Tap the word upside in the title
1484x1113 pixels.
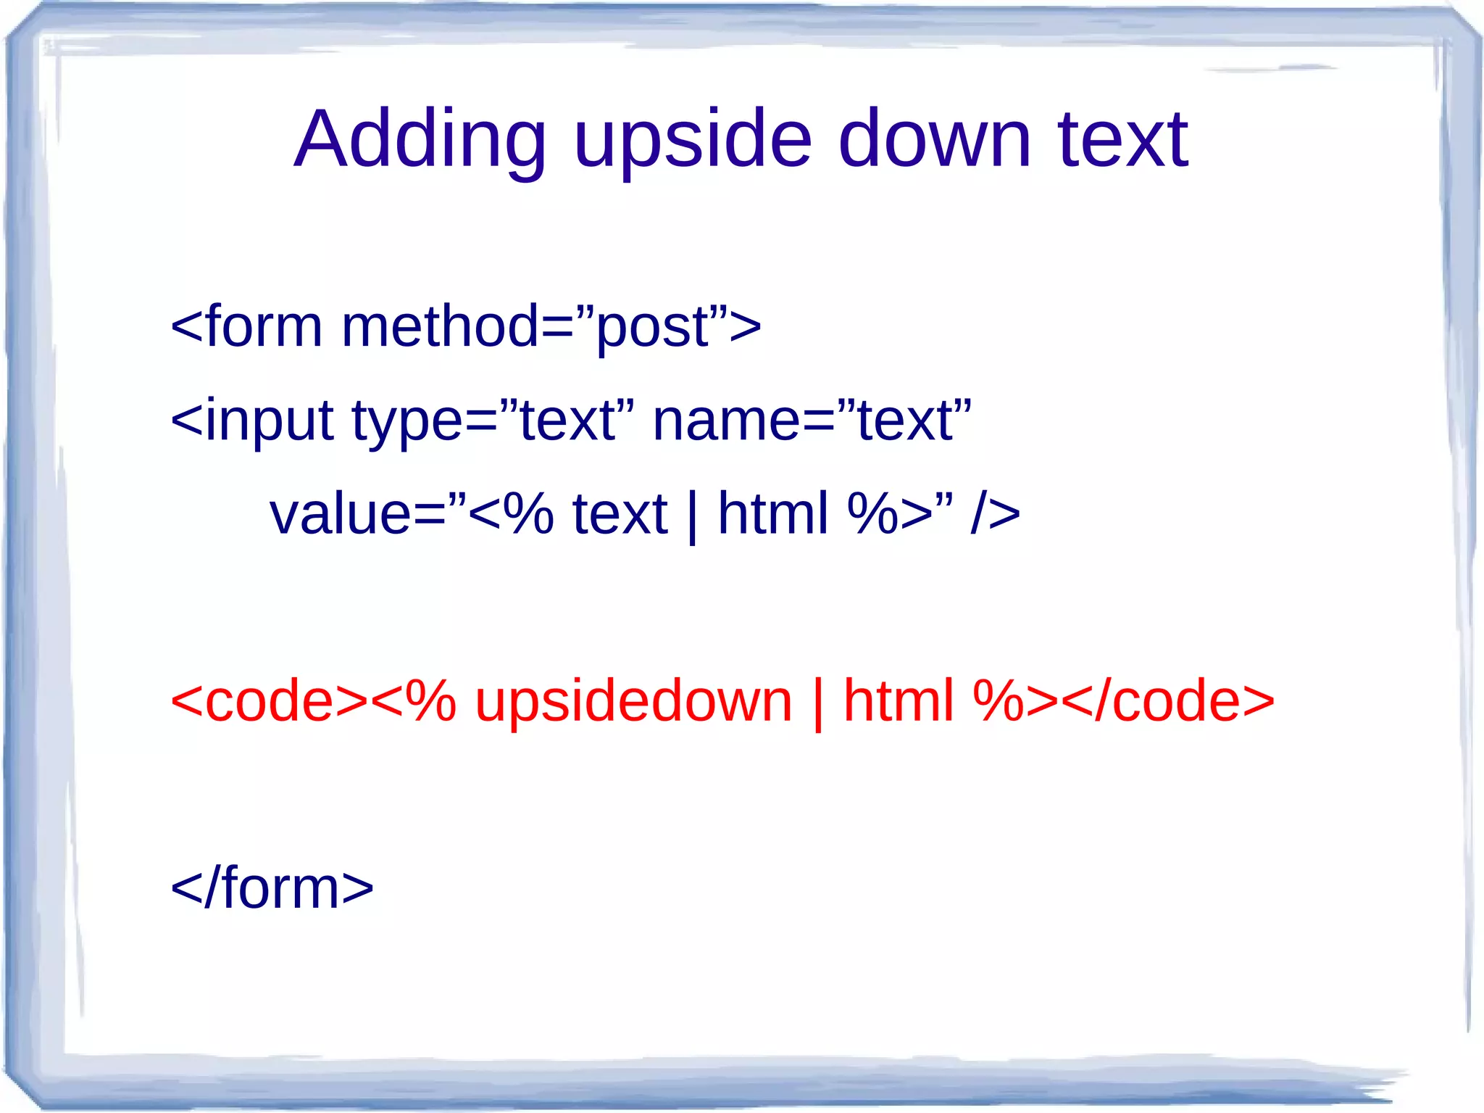point(692,139)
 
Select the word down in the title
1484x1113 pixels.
point(934,139)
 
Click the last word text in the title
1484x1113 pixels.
point(1122,139)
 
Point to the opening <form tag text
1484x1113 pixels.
point(246,326)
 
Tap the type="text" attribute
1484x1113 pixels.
point(493,421)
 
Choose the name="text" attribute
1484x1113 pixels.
point(812,421)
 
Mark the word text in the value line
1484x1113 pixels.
point(620,513)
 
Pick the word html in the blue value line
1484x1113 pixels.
point(772,513)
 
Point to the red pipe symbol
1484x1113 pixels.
point(819,704)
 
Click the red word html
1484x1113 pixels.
point(899,701)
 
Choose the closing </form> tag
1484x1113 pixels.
point(272,888)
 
